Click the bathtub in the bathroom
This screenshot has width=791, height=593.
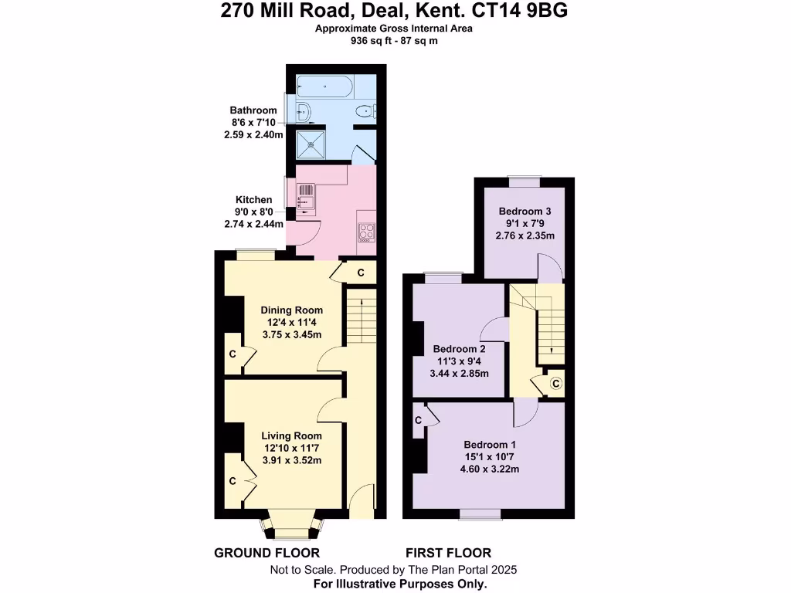324,86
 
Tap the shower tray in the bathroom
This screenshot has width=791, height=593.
313,141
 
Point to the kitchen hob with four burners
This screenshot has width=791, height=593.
365,229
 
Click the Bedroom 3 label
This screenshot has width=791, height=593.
525,211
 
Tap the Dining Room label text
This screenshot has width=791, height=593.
291,310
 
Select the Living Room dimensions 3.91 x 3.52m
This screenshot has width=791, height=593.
291,460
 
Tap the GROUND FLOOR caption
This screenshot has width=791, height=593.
266,553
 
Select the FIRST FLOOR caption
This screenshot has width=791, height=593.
448,553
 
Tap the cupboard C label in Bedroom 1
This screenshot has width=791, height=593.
418,421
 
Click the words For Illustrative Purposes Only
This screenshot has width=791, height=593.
400,584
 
